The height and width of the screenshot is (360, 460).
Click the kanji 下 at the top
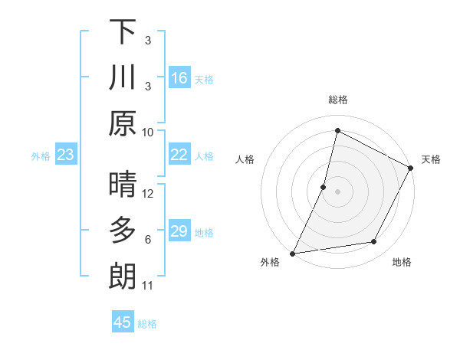tap(123, 31)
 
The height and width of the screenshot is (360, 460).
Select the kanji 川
tap(123, 77)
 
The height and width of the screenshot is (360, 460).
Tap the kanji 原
tap(123, 123)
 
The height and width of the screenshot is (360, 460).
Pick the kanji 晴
tap(123, 185)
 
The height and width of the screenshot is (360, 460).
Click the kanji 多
tap(123, 231)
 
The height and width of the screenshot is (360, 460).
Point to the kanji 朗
tap(123, 277)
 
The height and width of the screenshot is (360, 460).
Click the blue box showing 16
tap(179, 78)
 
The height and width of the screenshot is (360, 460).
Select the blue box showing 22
tap(179, 155)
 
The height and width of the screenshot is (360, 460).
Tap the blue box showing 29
tap(179, 231)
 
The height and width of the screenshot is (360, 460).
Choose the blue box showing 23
tap(66, 155)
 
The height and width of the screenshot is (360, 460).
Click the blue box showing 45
tap(123, 322)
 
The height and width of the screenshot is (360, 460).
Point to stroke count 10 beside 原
tap(148, 132)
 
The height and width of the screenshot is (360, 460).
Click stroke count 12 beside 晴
tap(148, 193)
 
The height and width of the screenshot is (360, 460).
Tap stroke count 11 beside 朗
tap(148, 286)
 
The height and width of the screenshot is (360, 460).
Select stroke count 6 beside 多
tap(148, 240)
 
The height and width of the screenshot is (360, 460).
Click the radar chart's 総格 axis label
tap(338, 100)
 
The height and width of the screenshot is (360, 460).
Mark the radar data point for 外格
tap(293, 253)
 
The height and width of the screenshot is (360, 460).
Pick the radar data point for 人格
tap(324, 187)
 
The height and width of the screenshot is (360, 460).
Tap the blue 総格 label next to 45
tap(147, 324)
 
